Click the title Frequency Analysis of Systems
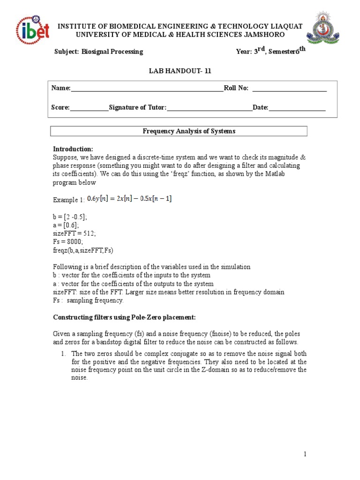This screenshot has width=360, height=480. [189, 131]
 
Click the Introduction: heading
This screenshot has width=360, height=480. [73, 149]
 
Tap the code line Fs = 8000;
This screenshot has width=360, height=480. [69, 241]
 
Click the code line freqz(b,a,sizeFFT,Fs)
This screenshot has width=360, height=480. [82, 250]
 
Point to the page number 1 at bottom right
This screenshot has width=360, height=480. [305, 454]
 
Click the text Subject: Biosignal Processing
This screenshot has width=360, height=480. [99, 52]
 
